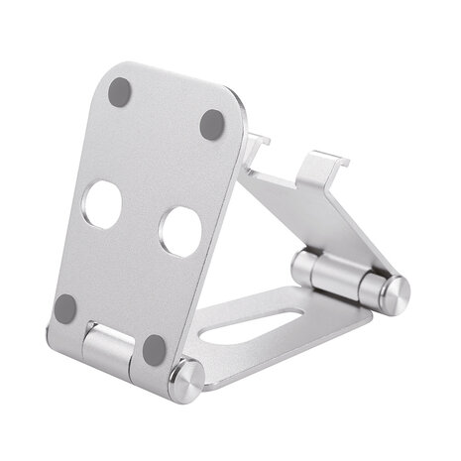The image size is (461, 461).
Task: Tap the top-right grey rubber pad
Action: coord(212,124)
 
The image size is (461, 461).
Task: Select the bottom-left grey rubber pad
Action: coord(66,308)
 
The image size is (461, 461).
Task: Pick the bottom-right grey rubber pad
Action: coord(154,348)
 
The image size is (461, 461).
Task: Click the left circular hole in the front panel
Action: coord(103,203)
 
